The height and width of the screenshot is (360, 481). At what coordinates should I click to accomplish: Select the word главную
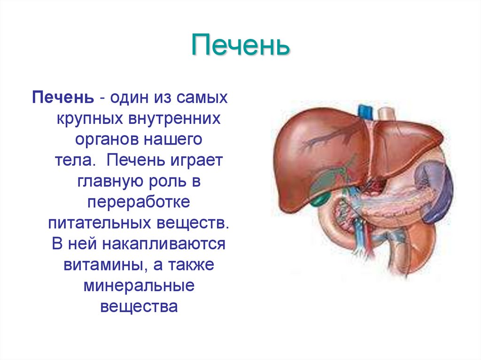104,181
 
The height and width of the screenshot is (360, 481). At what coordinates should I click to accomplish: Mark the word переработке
139,202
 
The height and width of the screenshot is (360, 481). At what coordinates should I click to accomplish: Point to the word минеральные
139,285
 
